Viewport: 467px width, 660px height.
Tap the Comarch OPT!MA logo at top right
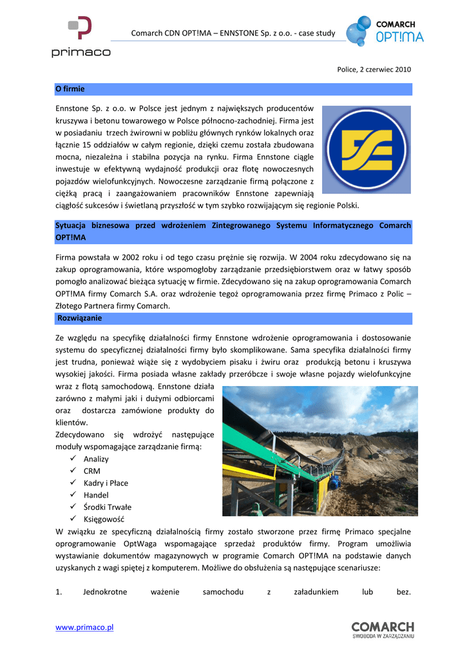click(385, 32)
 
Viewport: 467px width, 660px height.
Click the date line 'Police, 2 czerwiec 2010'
click(374, 69)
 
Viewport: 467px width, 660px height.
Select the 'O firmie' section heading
click(70, 88)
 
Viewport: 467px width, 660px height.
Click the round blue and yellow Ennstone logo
click(366, 150)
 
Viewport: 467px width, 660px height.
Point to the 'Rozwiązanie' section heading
click(79, 318)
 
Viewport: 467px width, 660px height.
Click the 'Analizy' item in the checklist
click(96, 459)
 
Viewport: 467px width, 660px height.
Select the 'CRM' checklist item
click(91, 471)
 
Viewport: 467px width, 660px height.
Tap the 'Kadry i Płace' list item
click(106, 483)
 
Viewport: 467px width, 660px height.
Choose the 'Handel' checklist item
click(96, 495)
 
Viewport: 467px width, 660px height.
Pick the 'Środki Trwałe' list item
click(107, 507)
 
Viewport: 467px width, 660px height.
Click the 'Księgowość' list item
click(104, 519)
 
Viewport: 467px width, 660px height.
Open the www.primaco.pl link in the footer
click(84, 627)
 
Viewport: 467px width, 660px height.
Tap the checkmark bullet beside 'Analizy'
click(71, 459)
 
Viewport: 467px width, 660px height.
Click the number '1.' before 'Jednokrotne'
click(59, 592)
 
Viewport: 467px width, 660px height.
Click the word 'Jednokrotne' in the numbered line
click(105, 592)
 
